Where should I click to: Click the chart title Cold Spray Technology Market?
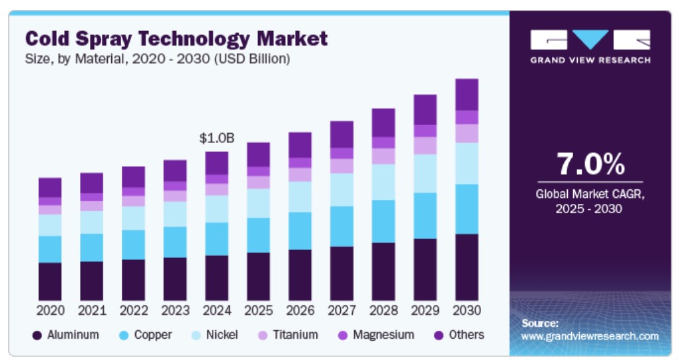coord(176,38)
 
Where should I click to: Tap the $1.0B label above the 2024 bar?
coord(216,138)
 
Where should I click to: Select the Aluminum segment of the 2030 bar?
coord(467,267)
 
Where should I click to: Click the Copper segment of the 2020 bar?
coord(50,249)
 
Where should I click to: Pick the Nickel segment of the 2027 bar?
coord(342,189)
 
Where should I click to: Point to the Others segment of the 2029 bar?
coord(425,109)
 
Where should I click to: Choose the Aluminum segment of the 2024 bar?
coord(216,277)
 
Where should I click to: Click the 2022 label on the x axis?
coord(133,310)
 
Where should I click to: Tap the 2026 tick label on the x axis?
coord(300,310)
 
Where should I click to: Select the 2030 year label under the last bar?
coord(467,310)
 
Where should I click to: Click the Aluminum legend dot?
coord(38,336)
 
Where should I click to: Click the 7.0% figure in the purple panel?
coord(590,164)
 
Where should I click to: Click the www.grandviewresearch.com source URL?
coord(590,336)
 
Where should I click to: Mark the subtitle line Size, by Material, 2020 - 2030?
coord(158,59)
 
